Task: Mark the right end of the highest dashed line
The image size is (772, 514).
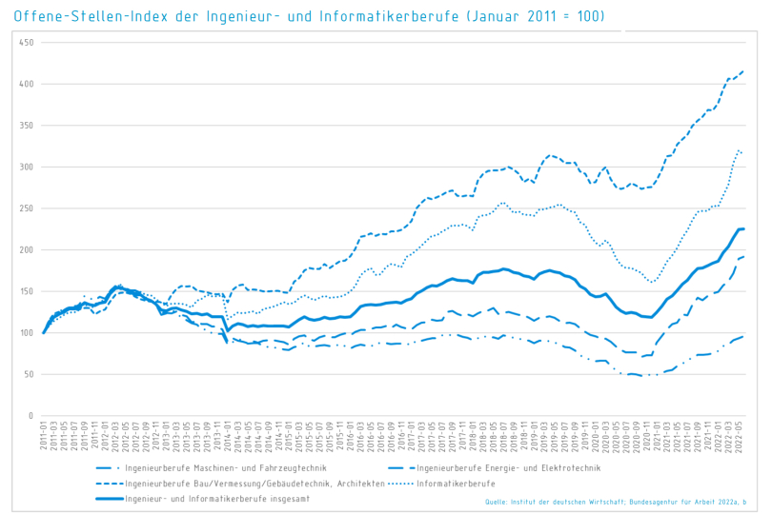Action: [x=743, y=70]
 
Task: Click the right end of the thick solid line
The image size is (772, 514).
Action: [x=743, y=228]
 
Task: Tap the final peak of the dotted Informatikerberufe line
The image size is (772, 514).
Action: [x=738, y=149]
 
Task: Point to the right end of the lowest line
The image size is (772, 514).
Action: [x=743, y=336]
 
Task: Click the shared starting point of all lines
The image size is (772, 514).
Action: [x=44, y=333]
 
